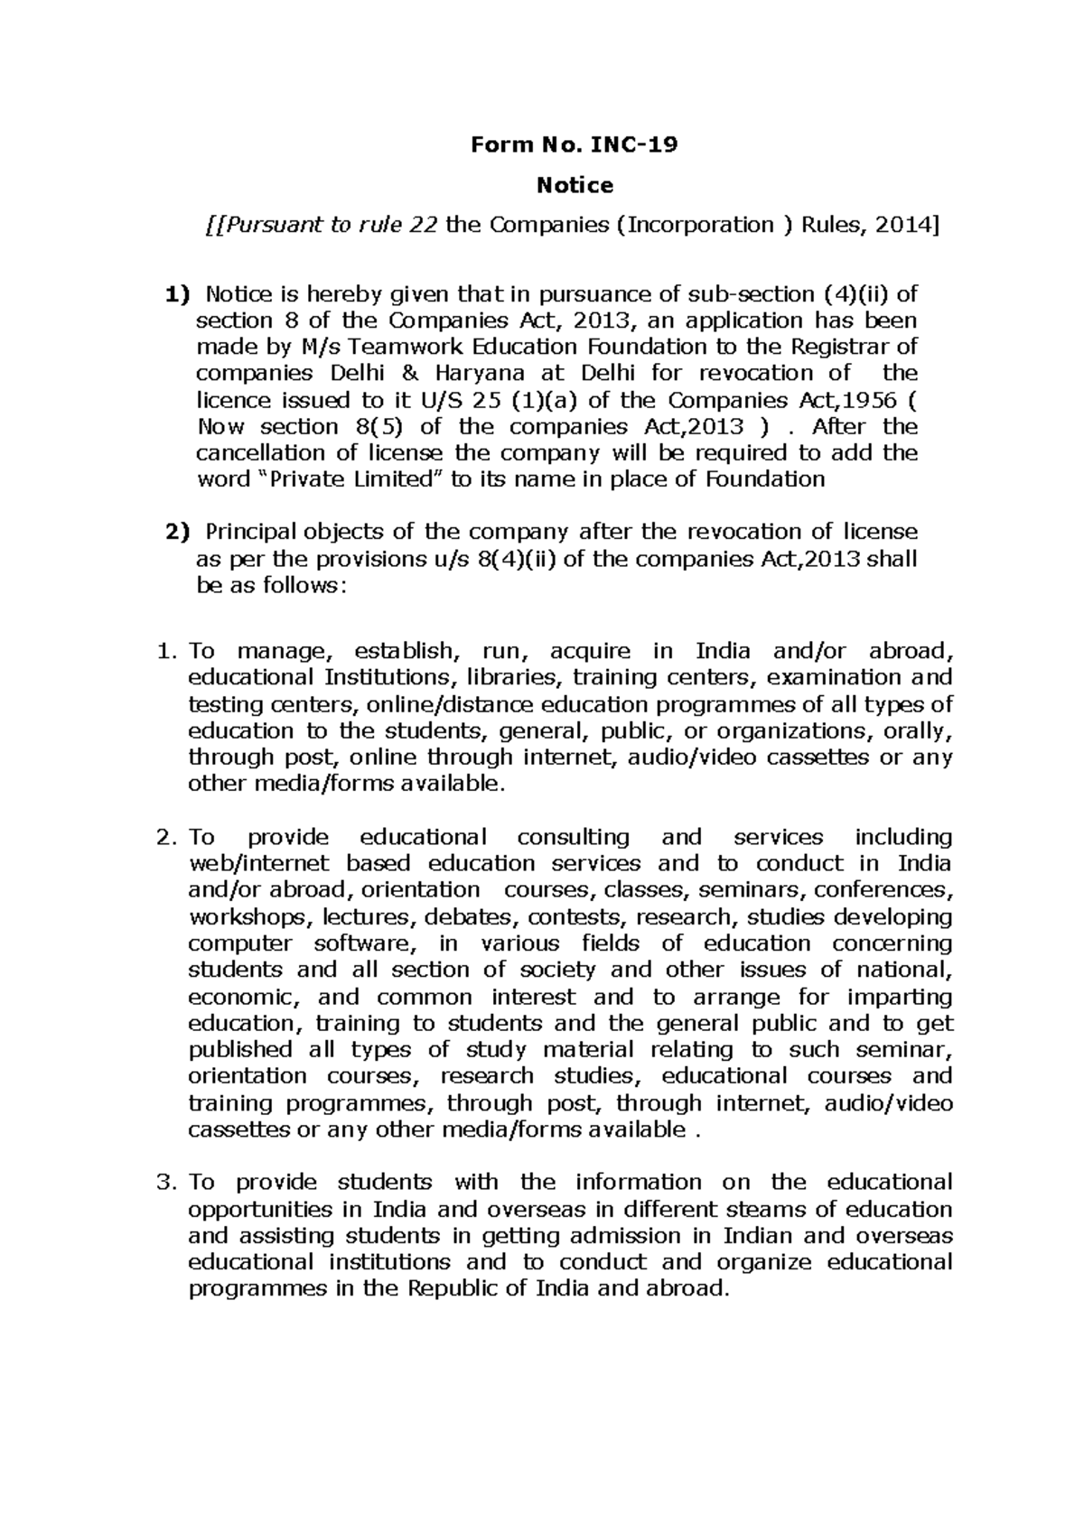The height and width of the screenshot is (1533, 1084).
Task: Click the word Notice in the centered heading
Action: coord(575,186)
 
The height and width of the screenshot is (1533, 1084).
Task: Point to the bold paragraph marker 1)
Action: coord(178,294)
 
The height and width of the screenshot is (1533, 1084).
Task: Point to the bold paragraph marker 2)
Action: coord(178,532)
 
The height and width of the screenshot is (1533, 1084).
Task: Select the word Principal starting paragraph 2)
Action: coord(250,532)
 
